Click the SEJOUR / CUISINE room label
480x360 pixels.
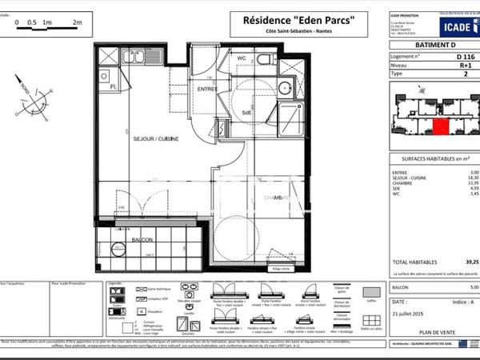(155, 139)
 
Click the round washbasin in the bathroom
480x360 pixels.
(286, 89)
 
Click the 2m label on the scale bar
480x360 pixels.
(77, 23)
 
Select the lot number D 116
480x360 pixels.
(464, 58)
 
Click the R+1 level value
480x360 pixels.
(464, 65)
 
